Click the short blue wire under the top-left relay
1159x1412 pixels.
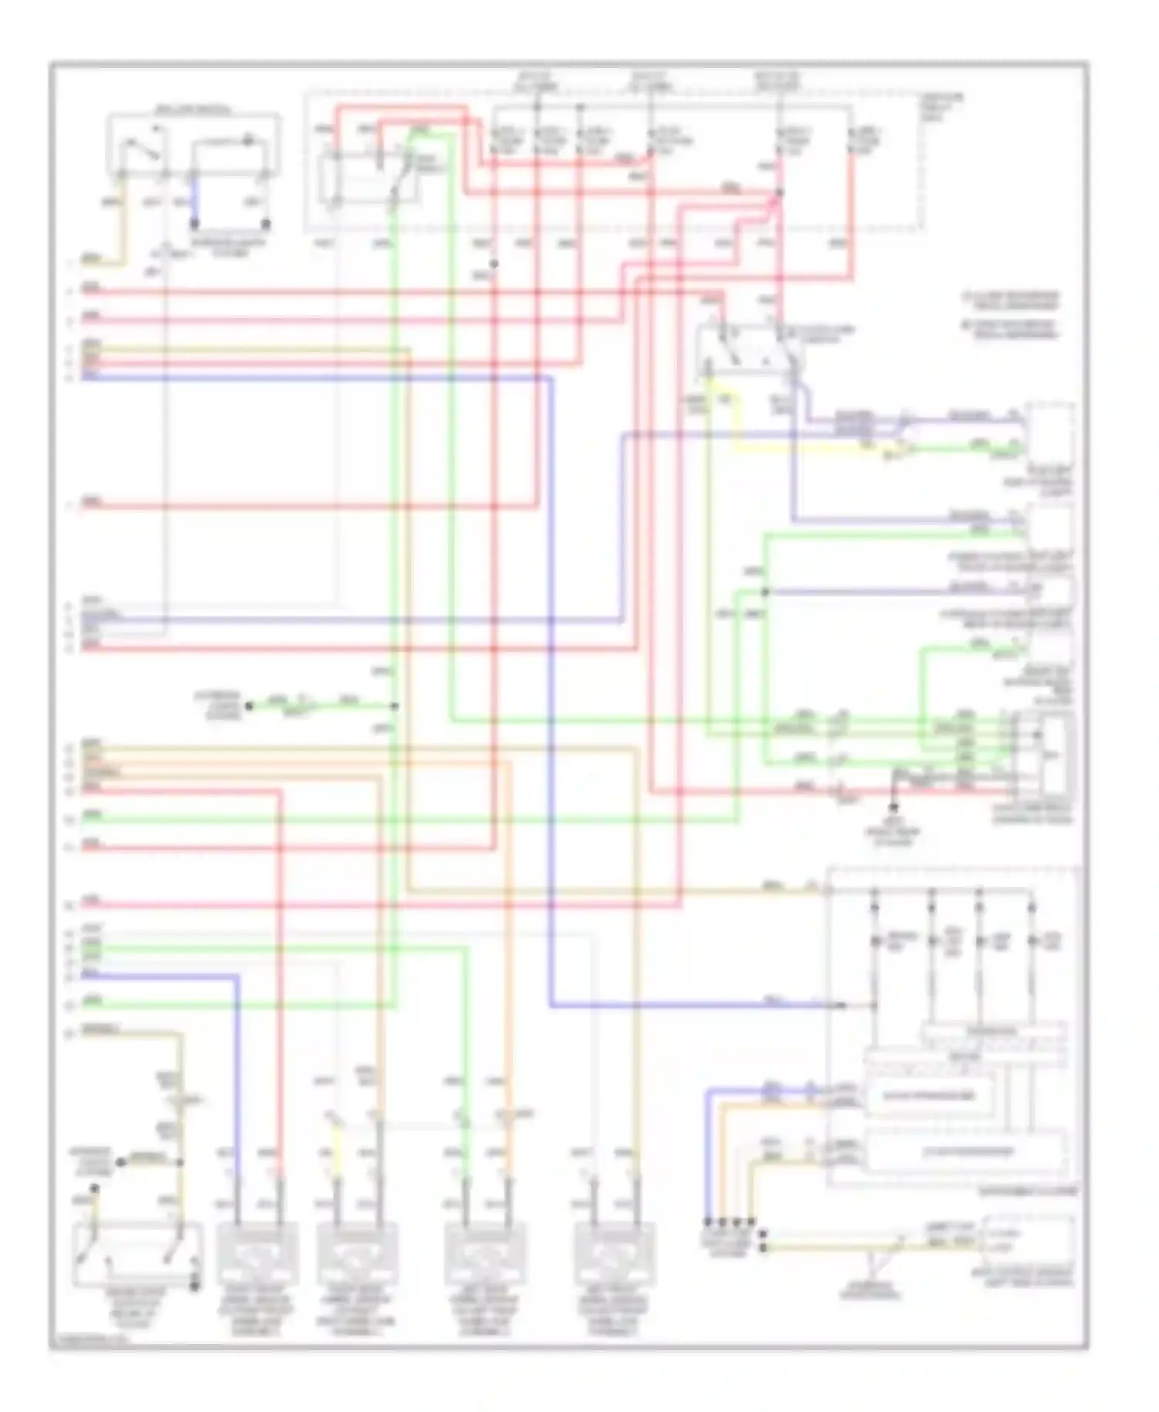click(x=194, y=199)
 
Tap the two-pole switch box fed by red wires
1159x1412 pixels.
click(x=749, y=351)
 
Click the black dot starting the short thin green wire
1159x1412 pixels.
click(x=249, y=705)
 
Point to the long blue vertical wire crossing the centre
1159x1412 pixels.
click(x=551, y=695)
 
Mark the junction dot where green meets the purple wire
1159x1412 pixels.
click(x=765, y=592)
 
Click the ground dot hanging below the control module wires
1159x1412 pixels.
click(x=894, y=807)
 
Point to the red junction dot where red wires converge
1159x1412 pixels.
click(x=779, y=193)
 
